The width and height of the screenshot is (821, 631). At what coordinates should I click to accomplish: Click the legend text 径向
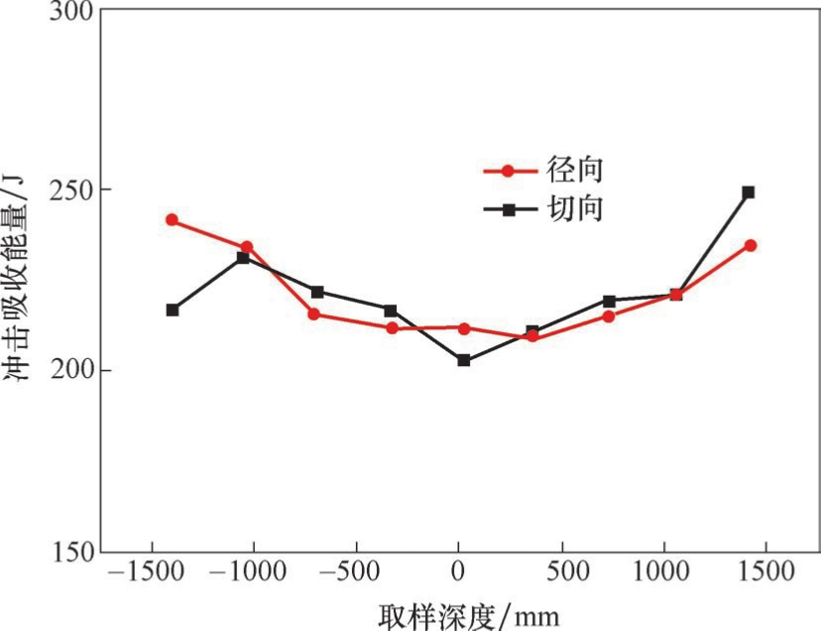coord(576,170)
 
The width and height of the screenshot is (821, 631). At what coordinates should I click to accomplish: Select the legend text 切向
coord(576,209)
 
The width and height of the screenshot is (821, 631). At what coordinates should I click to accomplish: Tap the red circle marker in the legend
coord(509,171)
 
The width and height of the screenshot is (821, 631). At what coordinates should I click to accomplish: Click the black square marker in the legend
coord(509,210)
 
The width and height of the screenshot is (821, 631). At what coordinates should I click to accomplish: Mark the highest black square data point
coord(749,192)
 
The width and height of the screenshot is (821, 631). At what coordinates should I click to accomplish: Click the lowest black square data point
coord(463,360)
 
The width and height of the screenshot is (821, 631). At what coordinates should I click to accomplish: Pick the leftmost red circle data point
coord(172,220)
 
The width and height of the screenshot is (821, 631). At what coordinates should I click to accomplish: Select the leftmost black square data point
coord(173,311)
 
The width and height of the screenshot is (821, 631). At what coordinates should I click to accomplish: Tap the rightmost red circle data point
coord(751,245)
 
